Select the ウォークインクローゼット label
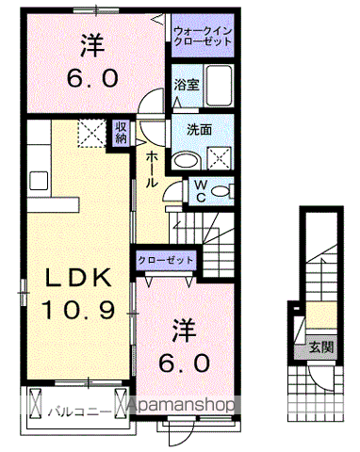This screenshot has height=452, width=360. click(x=203, y=37)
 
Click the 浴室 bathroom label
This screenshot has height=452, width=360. click(x=186, y=85)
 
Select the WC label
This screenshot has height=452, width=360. click(x=201, y=190)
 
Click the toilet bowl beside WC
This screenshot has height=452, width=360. click(x=221, y=191)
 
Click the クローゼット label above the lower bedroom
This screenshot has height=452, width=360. click(x=167, y=260)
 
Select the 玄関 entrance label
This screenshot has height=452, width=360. click(x=319, y=346)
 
